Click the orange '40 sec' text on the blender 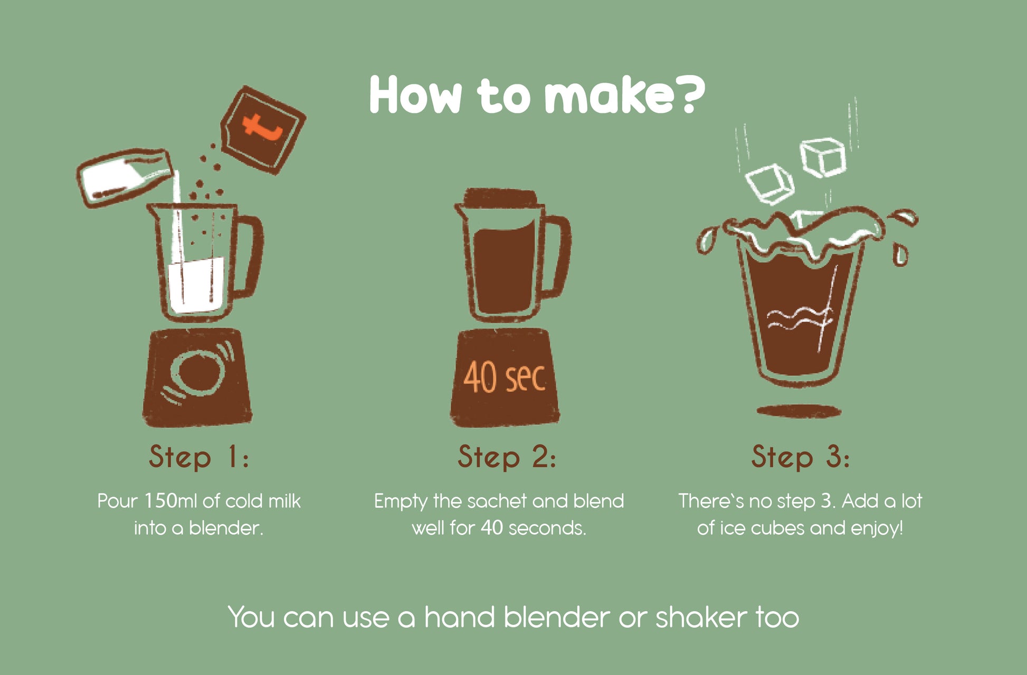pyautogui.click(x=504, y=378)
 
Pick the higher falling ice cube pyautogui.click(x=823, y=157)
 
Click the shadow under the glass pyautogui.click(x=799, y=411)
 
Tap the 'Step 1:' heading pyautogui.click(x=198, y=457)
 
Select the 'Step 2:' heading pyautogui.click(x=507, y=457)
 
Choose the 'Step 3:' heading pyautogui.click(x=801, y=457)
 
